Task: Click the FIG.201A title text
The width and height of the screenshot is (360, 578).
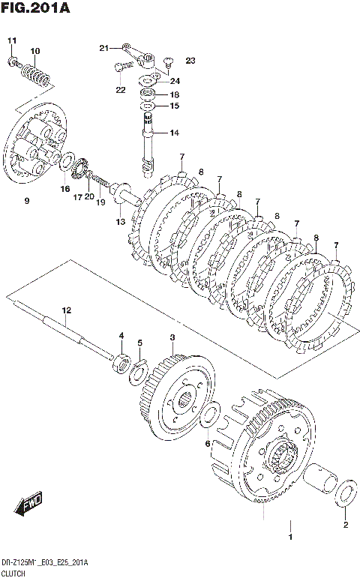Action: point(35,7)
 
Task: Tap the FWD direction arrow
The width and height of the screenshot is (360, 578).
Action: point(28,503)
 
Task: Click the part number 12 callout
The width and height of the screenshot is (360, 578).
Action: point(66,310)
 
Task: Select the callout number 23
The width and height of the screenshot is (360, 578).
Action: point(190,61)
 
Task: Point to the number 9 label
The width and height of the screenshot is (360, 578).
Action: point(26,201)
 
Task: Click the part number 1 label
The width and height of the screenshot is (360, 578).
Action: point(290,537)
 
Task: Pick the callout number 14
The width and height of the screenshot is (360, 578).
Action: point(175,133)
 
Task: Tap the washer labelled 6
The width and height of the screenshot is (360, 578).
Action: point(209,417)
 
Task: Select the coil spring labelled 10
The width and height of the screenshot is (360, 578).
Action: point(36,76)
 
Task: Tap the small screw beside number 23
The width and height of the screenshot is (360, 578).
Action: point(168,62)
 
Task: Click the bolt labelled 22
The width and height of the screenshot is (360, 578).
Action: point(122,67)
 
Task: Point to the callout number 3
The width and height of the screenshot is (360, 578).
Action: point(172,337)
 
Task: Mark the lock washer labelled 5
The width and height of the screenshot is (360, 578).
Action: point(139,373)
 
